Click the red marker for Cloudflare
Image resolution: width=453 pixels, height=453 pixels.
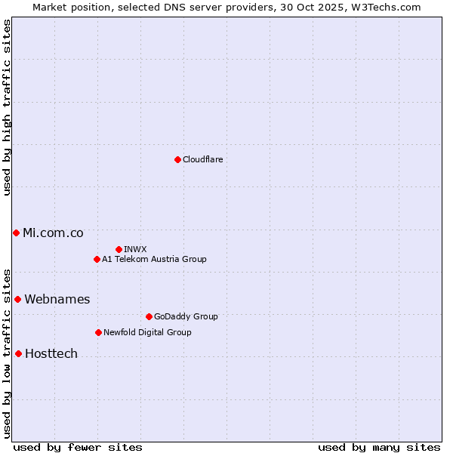click(x=177, y=159)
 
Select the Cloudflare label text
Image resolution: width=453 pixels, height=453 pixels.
click(x=203, y=160)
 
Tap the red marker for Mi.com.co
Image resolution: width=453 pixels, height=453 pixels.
click(x=16, y=233)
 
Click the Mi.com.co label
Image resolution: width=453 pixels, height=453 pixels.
click(x=53, y=233)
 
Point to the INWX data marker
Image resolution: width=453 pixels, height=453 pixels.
click(x=119, y=249)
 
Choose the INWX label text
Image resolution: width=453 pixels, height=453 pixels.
click(x=135, y=250)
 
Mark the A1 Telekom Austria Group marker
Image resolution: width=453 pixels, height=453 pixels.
click(x=97, y=259)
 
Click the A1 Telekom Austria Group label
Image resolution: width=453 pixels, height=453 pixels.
click(x=154, y=260)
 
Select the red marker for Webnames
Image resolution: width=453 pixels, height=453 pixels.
click(x=17, y=299)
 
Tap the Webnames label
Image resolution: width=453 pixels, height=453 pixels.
click(x=57, y=300)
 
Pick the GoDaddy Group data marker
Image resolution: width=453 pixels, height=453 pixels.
click(x=149, y=316)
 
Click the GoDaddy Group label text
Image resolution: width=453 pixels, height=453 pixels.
click(x=186, y=317)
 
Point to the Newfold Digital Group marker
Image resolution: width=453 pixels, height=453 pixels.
click(x=98, y=332)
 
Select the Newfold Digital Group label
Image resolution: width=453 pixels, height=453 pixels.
click(x=147, y=333)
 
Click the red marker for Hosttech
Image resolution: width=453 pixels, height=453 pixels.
click(x=18, y=353)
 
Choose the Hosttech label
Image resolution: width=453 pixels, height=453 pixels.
click(x=51, y=354)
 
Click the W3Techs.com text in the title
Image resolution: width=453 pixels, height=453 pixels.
click(x=389, y=7)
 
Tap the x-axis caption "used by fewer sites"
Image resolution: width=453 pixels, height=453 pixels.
click(x=78, y=447)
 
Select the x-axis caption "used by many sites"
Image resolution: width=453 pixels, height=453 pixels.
click(x=379, y=447)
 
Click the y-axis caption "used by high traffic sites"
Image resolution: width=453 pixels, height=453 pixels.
click(x=7, y=107)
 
